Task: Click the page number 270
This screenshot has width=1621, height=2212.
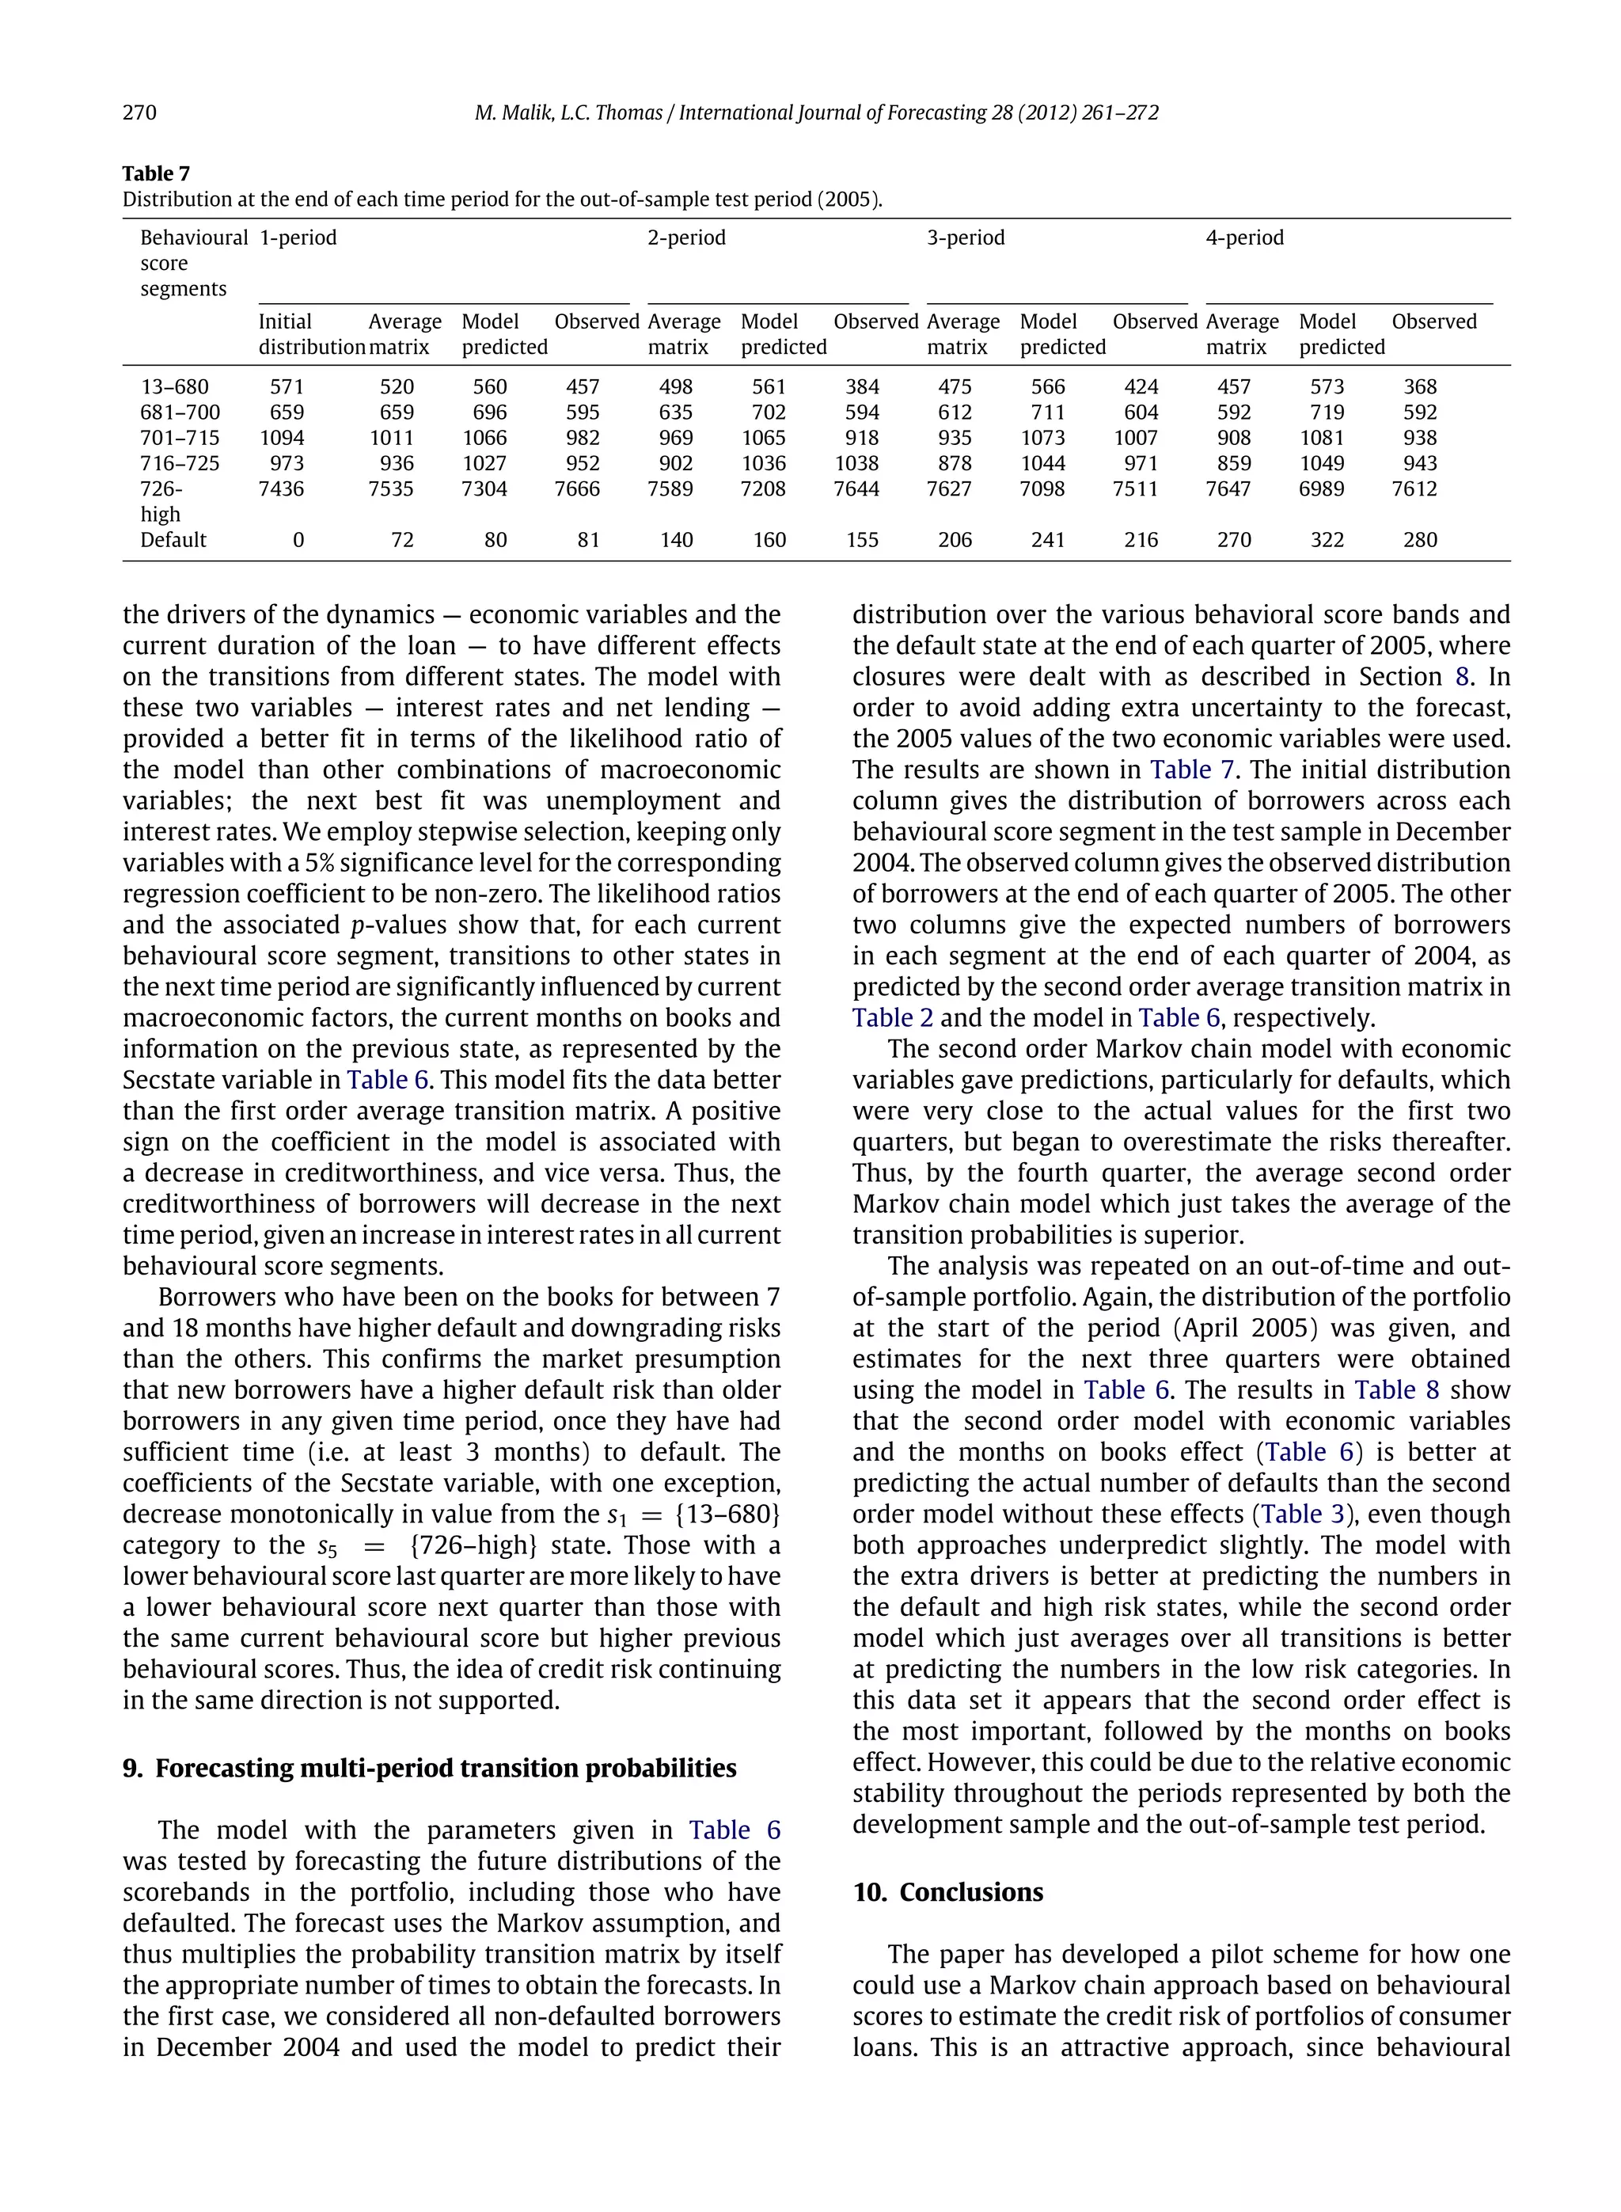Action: [x=139, y=113]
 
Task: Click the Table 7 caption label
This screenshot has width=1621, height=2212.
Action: [x=156, y=173]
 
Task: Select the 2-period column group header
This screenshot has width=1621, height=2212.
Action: [x=686, y=238]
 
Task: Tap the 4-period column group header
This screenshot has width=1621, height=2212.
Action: [x=1244, y=238]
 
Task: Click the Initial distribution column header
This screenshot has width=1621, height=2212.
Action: [x=311, y=335]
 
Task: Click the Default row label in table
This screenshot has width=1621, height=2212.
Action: [x=173, y=540]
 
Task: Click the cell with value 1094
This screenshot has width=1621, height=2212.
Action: [x=281, y=438]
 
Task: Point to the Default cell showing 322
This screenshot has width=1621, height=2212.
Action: [x=1327, y=540]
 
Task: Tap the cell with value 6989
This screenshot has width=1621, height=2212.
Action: [x=1321, y=488]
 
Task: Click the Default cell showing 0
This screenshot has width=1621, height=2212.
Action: [x=298, y=540]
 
